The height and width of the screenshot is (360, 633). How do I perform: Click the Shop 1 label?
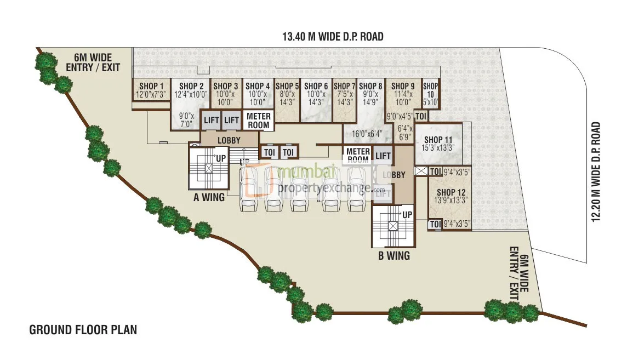point(151,86)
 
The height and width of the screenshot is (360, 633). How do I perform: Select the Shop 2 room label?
point(191,86)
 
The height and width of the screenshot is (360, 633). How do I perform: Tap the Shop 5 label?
point(287,86)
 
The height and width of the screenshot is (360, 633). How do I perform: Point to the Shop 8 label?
point(370,86)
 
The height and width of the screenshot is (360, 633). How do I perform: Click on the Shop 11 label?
point(438,140)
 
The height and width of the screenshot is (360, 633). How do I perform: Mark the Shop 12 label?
point(451,192)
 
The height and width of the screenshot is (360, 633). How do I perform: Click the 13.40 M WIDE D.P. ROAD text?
point(332,37)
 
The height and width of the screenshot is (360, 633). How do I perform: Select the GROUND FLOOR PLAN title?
point(83,330)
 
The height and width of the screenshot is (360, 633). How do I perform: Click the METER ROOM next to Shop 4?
point(259,121)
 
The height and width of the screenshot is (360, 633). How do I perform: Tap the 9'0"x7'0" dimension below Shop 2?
point(187,120)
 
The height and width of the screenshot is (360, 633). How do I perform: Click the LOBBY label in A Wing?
point(229,140)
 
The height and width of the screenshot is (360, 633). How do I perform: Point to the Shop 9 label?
point(403,86)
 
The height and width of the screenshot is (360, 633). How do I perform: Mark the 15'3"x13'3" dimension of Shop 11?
point(438,148)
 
